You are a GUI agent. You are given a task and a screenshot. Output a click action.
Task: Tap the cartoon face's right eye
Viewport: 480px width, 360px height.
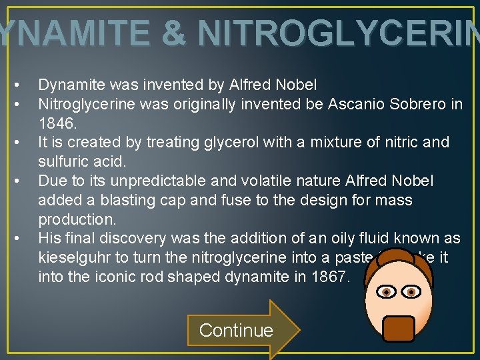tap(412, 292)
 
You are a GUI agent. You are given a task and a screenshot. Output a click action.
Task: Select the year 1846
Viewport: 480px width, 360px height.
tap(58, 123)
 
